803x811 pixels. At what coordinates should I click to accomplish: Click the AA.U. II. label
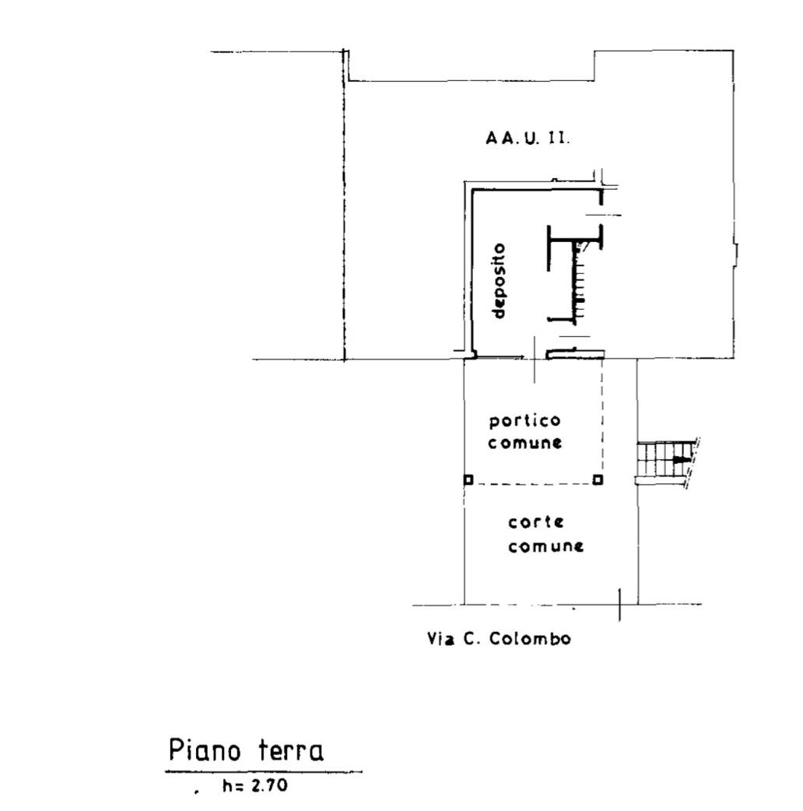pos(528,138)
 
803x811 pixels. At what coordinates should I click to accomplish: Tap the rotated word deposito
pos(498,281)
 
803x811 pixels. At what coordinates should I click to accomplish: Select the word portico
pos(524,420)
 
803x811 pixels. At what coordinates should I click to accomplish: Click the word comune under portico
pos(524,443)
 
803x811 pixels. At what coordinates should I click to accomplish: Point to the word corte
pos(535,522)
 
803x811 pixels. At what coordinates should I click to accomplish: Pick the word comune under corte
pos(545,546)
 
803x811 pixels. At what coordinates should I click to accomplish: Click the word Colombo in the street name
pos(530,639)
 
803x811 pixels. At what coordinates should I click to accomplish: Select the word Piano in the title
pos(205,750)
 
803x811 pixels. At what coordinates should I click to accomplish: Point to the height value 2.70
pos(269,785)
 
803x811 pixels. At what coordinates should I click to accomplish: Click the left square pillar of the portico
pos(468,480)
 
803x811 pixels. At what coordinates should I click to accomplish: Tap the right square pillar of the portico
pos(598,480)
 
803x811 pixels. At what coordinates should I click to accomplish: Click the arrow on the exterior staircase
pos(681,458)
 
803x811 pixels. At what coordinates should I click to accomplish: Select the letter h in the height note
pos(227,785)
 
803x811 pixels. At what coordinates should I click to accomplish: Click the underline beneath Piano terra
pos(264,771)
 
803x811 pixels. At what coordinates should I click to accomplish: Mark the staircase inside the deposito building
pos(579,282)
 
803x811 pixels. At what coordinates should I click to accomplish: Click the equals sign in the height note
pos(240,786)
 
